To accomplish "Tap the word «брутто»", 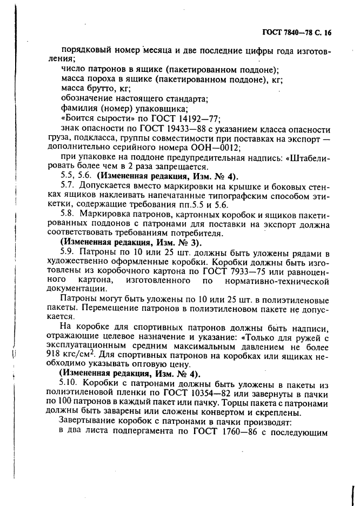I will tap(101, 88).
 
